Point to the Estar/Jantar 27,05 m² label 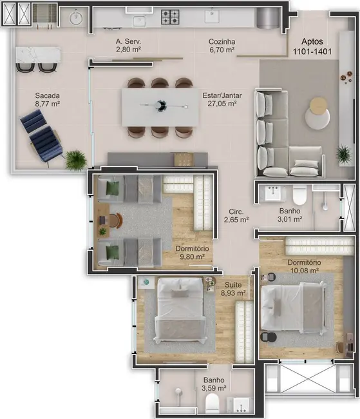[x=220, y=99]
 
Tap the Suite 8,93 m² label [x=233, y=288]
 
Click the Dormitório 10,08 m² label [x=305, y=266]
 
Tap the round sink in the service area [x=76, y=17]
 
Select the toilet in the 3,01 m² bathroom [x=298, y=195]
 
